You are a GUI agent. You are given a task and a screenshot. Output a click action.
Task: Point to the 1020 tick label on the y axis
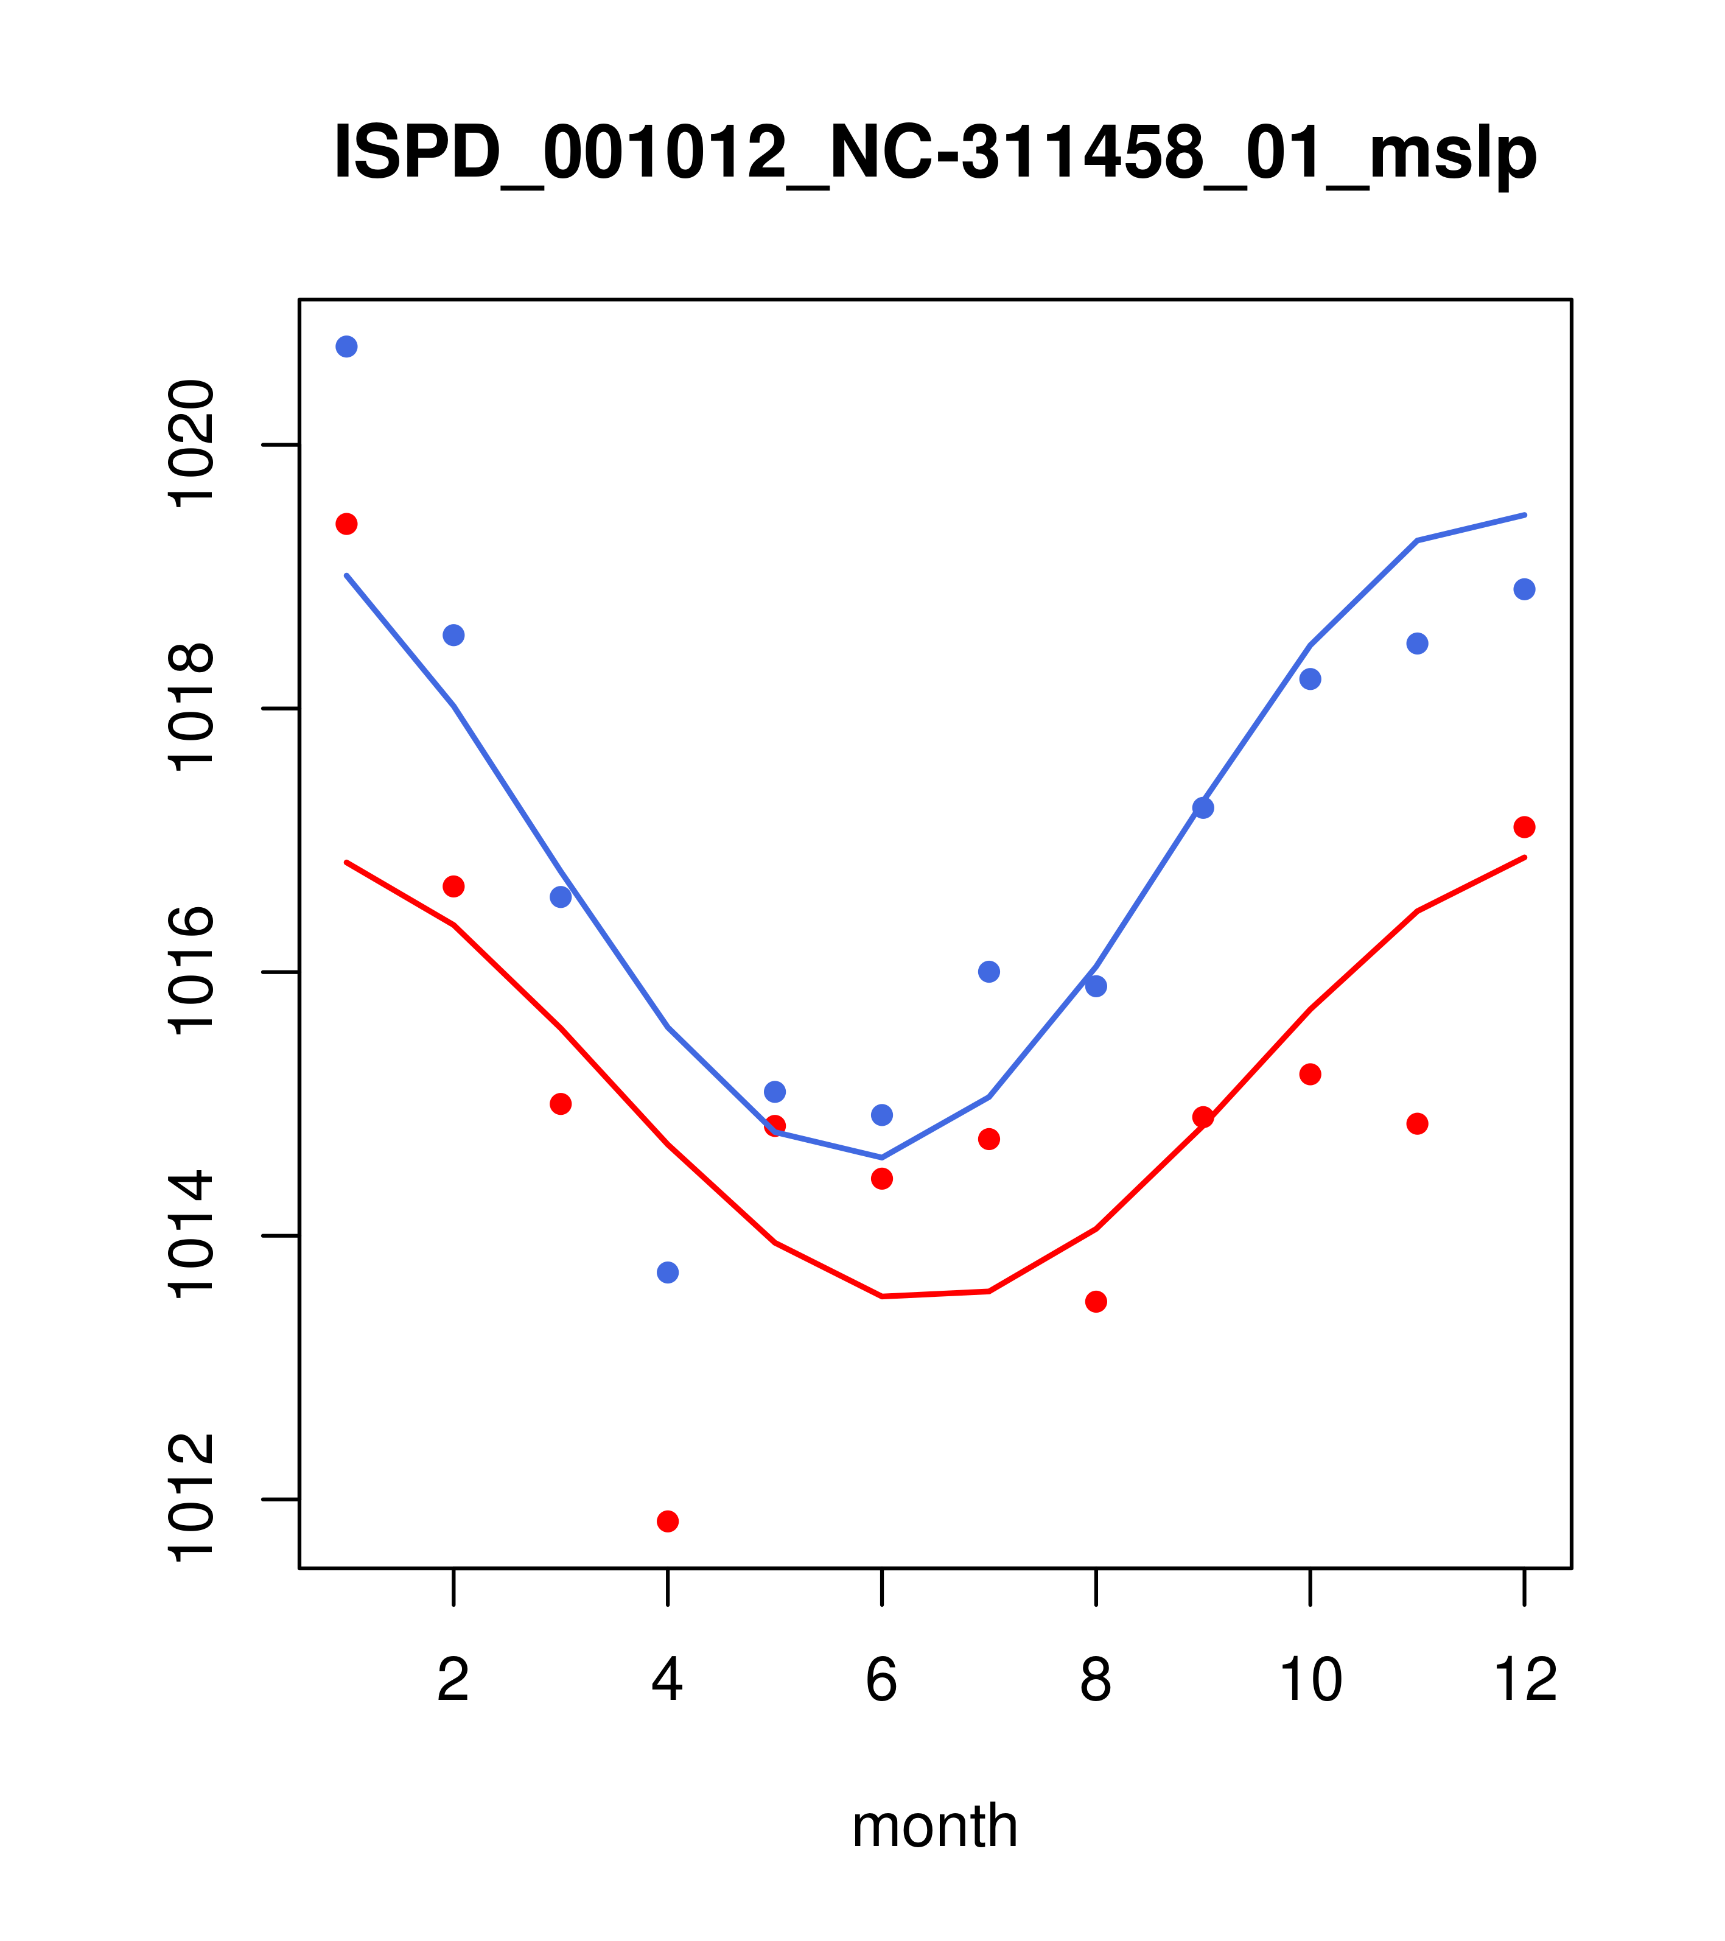(x=190, y=444)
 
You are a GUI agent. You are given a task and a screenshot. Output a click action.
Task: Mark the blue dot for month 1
(x=346, y=346)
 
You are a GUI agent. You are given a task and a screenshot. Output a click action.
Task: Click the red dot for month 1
(x=346, y=524)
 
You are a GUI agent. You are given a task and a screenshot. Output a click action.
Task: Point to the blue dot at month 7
(x=988, y=972)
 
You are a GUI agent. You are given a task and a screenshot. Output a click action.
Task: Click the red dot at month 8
(x=1096, y=1301)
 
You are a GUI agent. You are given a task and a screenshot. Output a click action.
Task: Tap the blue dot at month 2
(x=454, y=635)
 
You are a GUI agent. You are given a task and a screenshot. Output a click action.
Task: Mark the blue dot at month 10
(x=1310, y=679)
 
